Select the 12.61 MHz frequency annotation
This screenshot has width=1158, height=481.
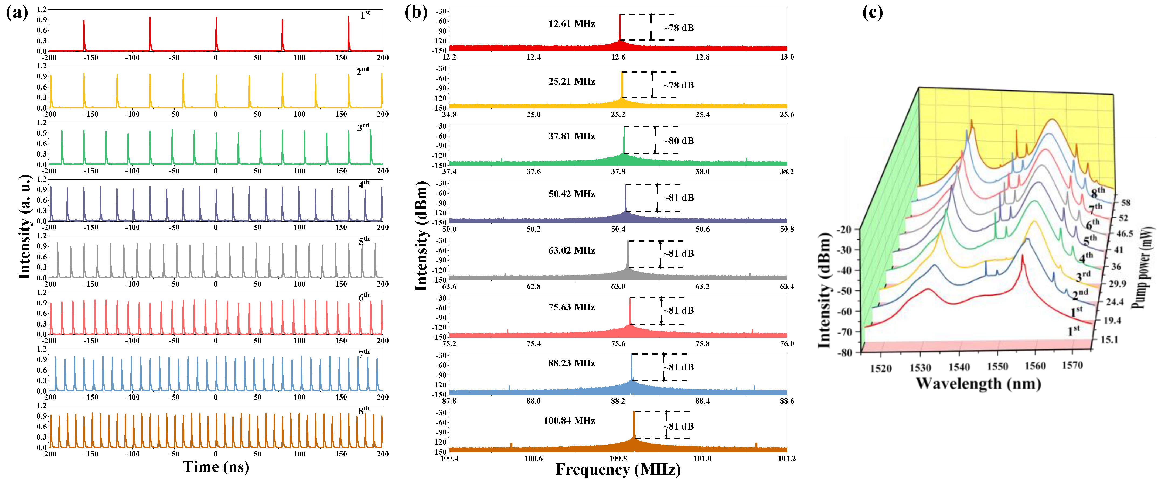coord(571,24)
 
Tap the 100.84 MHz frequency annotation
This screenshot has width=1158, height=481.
coord(569,421)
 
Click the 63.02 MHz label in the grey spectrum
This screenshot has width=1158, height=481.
coord(571,250)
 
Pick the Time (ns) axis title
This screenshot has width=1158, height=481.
coord(216,467)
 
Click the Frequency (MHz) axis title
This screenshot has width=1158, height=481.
coord(618,470)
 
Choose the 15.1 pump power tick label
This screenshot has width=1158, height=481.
coord(1109,339)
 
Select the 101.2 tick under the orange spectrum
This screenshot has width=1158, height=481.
coord(787,459)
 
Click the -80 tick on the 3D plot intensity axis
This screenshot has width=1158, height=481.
coord(845,353)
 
